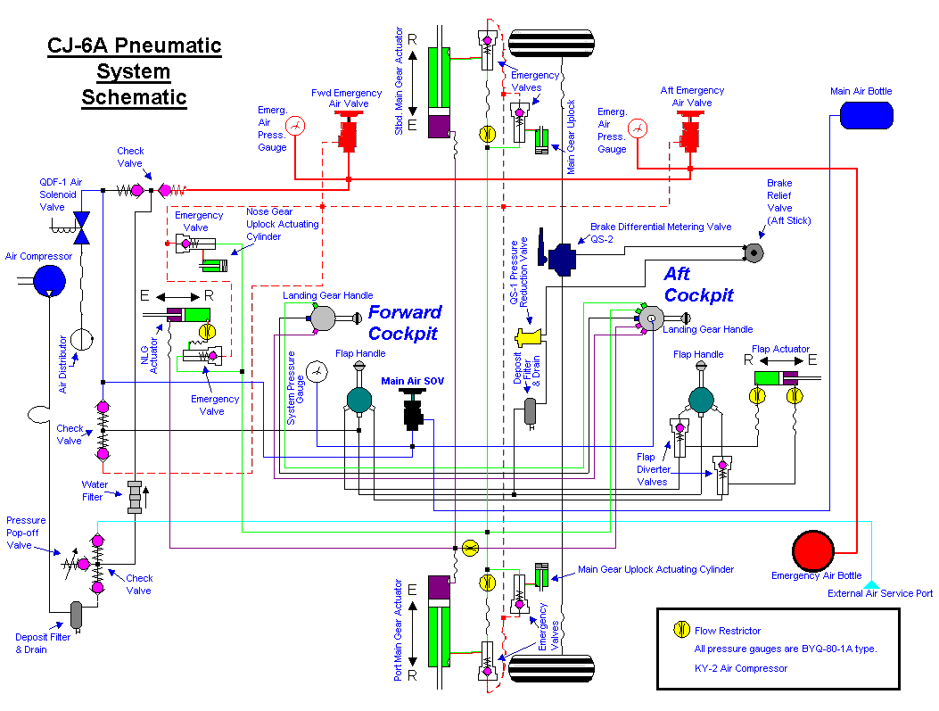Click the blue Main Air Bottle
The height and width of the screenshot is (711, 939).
tap(864, 114)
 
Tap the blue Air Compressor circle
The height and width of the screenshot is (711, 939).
tap(49, 281)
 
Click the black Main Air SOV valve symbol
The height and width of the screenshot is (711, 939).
tap(413, 412)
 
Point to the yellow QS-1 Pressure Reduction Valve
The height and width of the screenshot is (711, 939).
tap(530, 337)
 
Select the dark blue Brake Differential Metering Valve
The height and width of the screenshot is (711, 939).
tap(564, 260)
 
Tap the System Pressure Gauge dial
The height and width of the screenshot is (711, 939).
tap(317, 370)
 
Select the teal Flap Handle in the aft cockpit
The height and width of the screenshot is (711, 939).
tap(701, 400)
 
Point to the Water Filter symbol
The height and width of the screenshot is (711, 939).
tap(135, 497)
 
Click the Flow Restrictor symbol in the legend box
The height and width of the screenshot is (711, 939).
tap(680, 630)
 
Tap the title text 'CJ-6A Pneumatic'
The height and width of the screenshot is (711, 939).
tap(134, 46)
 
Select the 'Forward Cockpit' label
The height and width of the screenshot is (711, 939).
tap(405, 322)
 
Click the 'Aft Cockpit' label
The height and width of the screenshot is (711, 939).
tap(698, 285)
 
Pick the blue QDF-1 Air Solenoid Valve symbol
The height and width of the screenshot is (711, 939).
tap(82, 227)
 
